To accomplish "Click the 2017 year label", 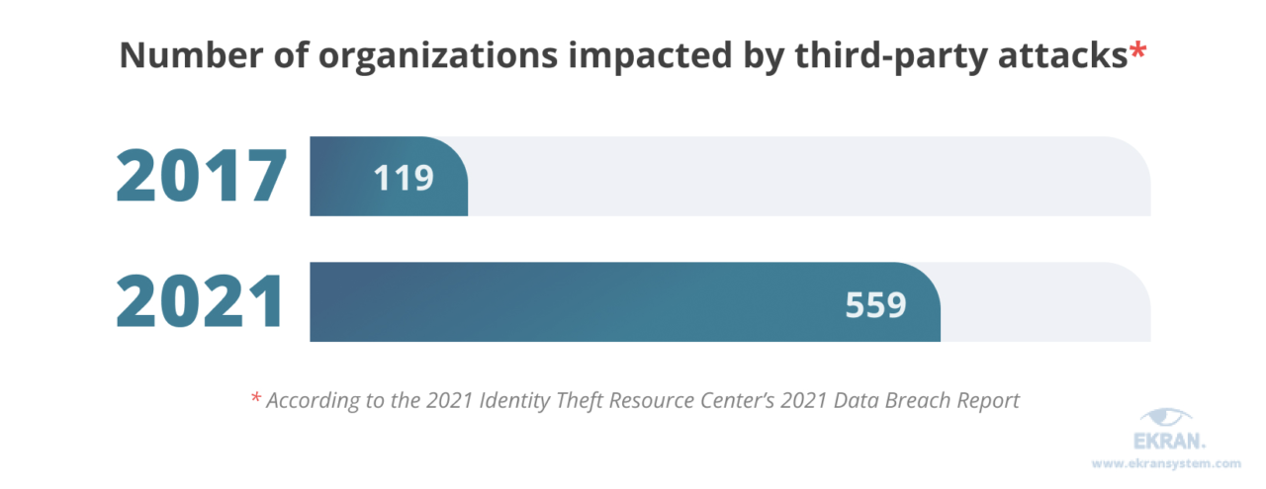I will click(x=202, y=178).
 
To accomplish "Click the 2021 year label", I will click(x=202, y=303).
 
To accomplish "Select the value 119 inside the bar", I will click(x=404, y=178).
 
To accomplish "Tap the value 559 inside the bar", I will click(x=875, y=304).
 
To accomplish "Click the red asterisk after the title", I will click(x=1137, y=51).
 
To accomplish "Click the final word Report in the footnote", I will click(x=986, y=401).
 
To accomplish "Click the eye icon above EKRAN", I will click(x=1166, y=419).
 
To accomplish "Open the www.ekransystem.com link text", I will click(x=1165, y=462).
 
